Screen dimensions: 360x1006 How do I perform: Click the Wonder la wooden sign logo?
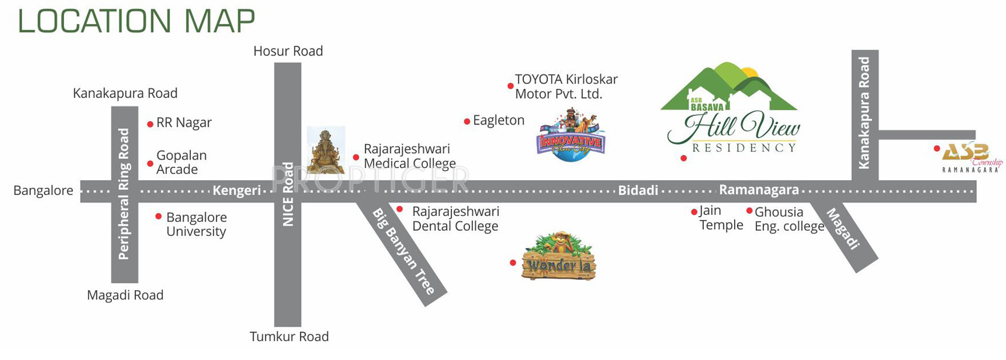pos(559,259)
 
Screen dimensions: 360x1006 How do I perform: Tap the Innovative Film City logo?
pos(571,136)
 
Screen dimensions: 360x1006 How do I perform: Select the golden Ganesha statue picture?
pos(326,150)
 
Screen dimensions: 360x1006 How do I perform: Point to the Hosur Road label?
pos(288,51)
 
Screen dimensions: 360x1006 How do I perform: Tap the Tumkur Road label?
pos(289,337)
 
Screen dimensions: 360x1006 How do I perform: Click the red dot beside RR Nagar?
pos(150,124)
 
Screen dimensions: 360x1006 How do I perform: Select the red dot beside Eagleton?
pos(467,121)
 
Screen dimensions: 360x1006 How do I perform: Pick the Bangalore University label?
pos(197,225)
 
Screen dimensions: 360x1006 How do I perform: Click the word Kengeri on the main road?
pos(237,191)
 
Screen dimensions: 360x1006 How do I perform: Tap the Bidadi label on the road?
pos(638,191)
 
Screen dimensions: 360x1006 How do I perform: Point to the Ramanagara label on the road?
pos(759,190)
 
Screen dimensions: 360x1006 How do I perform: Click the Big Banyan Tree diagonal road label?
pos(403,251)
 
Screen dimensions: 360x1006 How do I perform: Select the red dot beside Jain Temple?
pos(694,212)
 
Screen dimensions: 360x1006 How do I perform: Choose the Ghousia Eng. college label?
pos(789,219)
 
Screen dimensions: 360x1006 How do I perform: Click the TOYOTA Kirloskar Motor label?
pos(566,87)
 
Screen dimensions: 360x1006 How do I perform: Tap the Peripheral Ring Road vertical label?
pos(124,194)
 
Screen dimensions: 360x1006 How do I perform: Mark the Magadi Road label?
pos(125,295)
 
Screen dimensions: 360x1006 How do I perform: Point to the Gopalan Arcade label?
pos(181,162)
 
